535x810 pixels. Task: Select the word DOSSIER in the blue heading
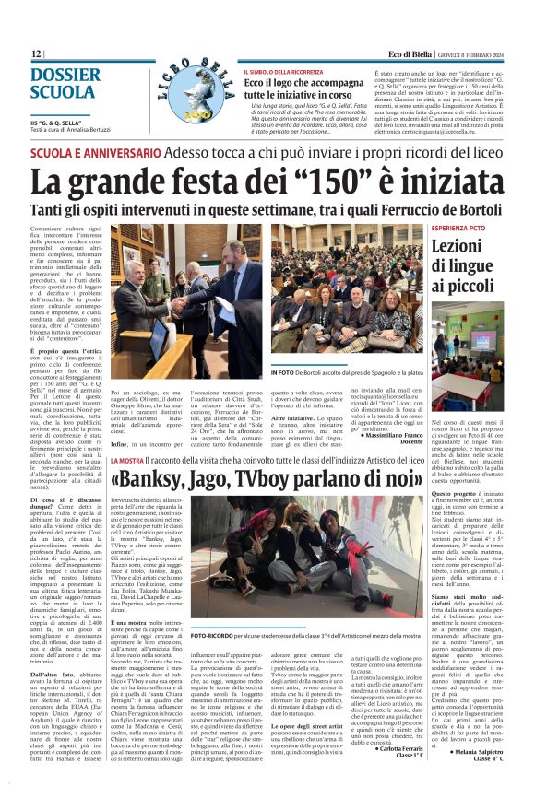(x=65, y=75)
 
